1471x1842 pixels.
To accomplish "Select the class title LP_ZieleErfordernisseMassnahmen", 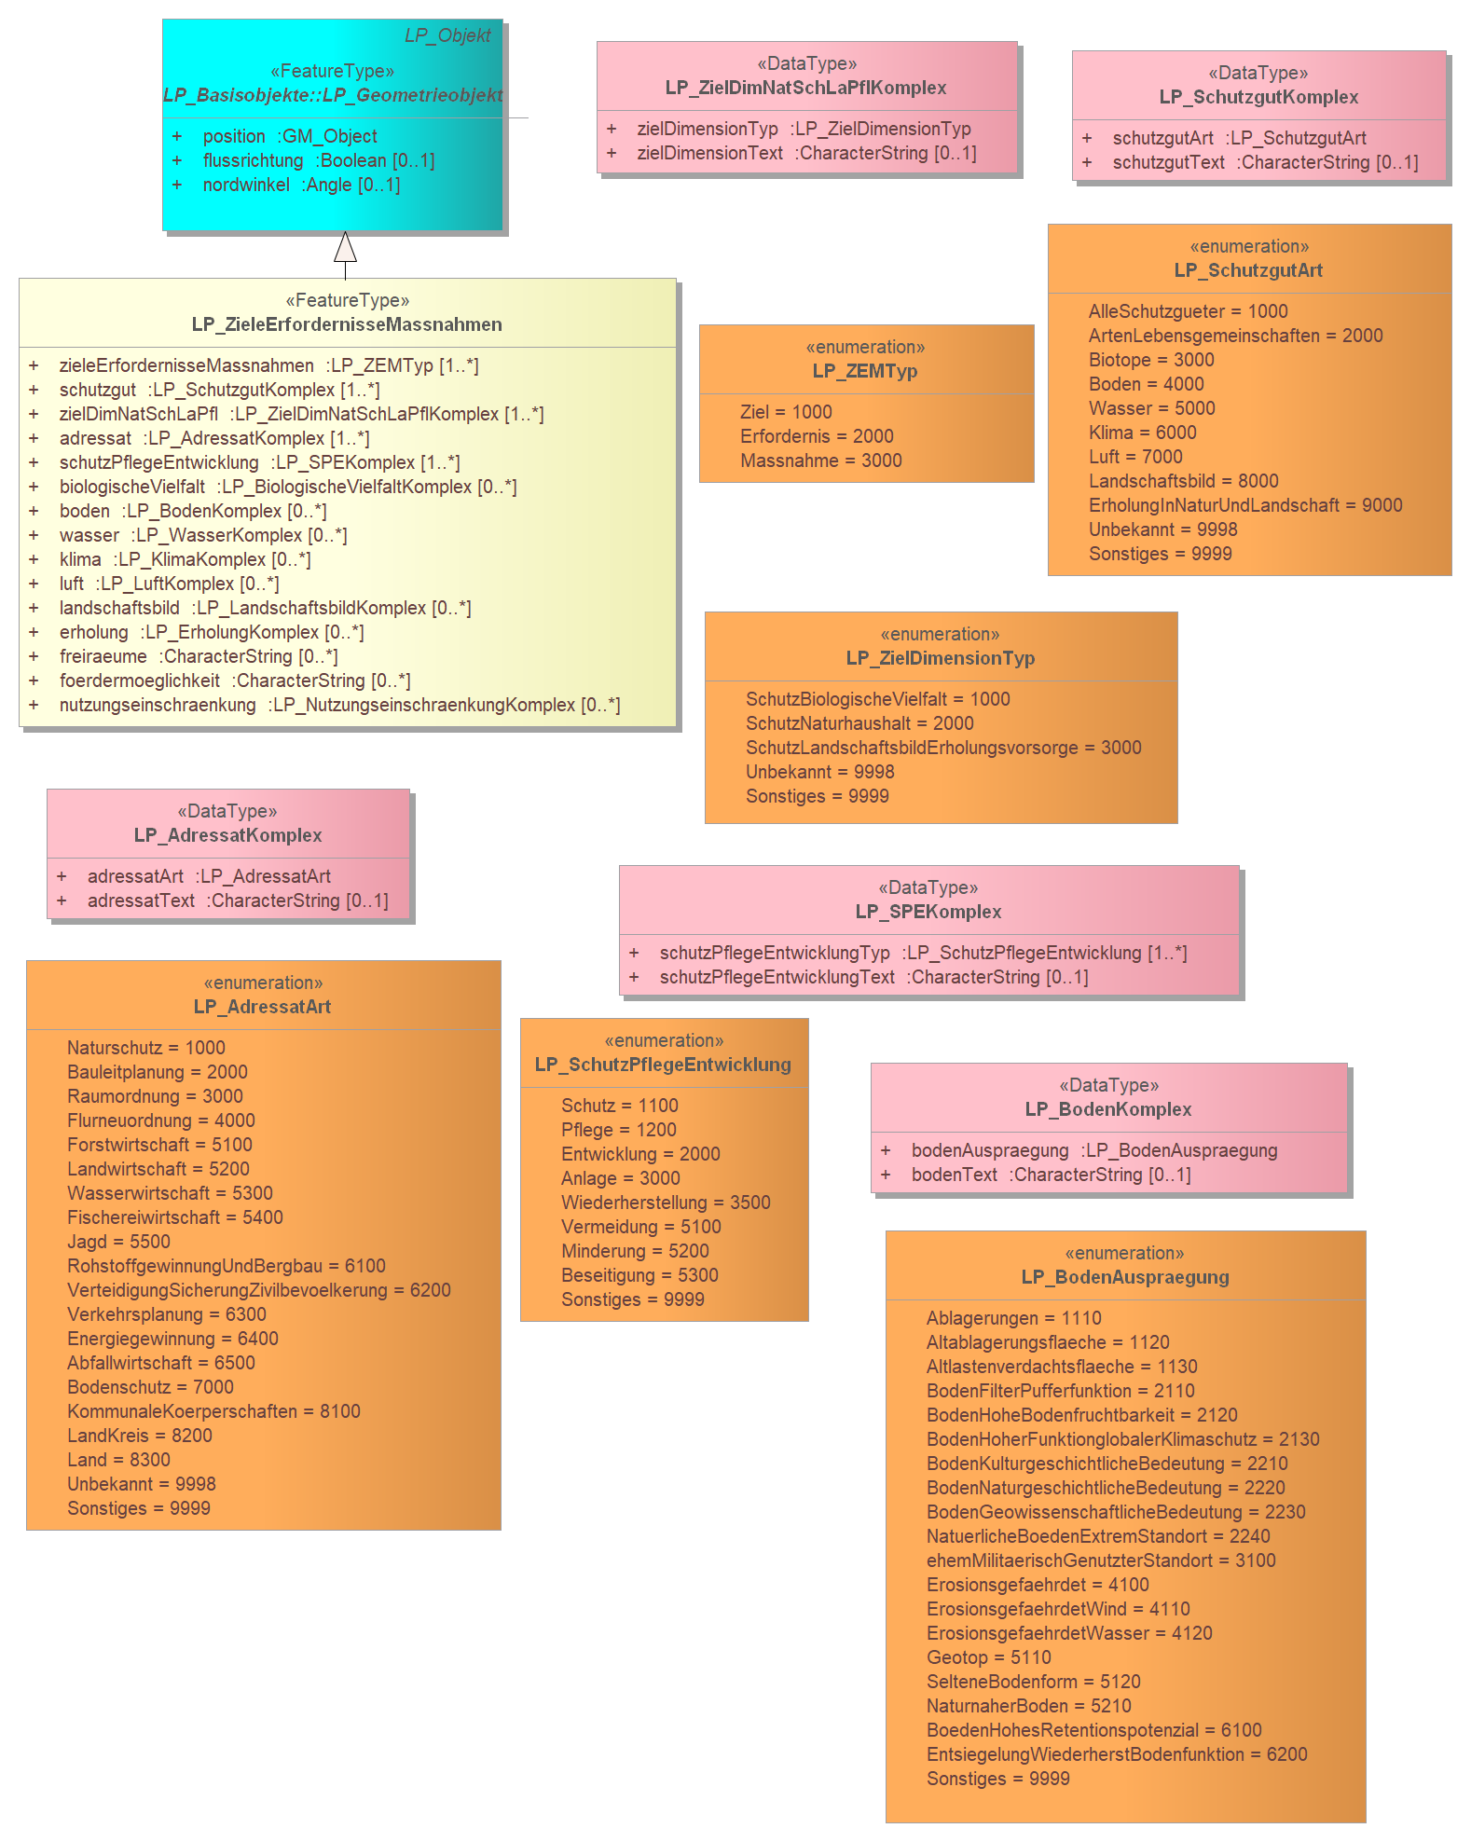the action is click(x=347, y=324).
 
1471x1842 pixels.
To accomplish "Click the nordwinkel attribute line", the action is click(x=301, y=185).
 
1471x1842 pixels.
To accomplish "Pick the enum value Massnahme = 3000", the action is click(x=821, y=460).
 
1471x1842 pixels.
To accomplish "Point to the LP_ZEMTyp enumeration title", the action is click(x=865, y=371).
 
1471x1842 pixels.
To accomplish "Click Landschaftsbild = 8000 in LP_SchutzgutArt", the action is click(x=1184, y=481).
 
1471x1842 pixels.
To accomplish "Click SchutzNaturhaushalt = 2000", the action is click(x=859, y=723).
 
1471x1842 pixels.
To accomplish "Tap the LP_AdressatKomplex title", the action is click(x=228, y=835).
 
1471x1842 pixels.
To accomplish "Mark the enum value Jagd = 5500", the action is click(x=118, y=1242).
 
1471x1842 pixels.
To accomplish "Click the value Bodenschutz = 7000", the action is click(x=150, y=1387).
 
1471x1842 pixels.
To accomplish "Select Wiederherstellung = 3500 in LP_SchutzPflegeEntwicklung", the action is click(x=666, y=1203).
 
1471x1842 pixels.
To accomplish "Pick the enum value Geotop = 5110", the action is click(x=989, y=1657).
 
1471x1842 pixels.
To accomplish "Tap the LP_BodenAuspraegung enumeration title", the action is click(x=1125, y=1277).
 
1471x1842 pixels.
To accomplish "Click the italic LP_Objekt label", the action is click(x=447, y=35).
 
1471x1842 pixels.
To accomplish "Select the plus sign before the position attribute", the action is click(x=177, y=136).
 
